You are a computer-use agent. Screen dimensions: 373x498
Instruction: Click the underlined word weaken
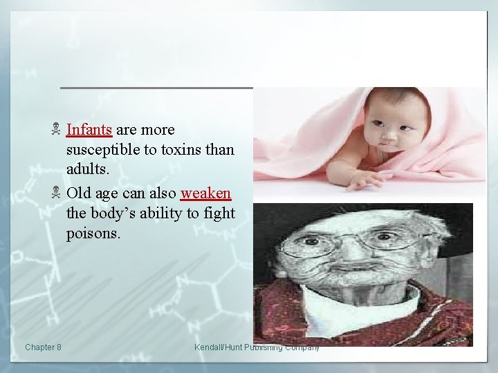coord(205,192)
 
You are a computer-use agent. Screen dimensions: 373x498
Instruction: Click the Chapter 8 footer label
coord(42,347)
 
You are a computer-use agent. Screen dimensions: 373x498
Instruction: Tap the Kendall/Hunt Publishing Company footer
coord(257,347)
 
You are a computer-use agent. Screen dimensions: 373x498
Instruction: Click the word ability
coord(165,213)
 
